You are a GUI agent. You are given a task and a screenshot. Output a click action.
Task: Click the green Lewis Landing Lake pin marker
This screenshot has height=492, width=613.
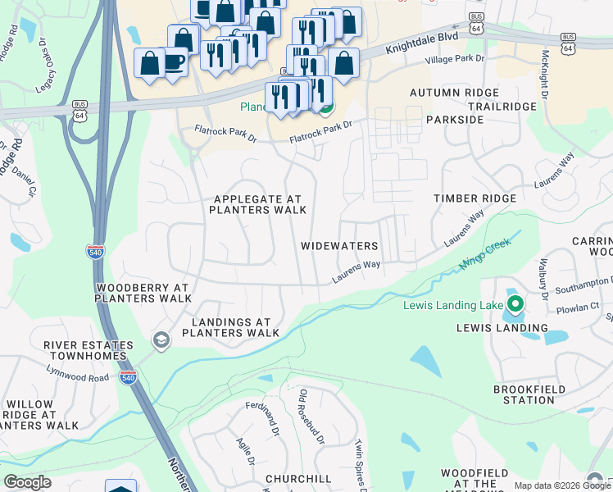click(515, 304)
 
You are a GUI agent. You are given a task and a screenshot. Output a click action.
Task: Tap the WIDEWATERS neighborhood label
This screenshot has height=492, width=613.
click(339, 246)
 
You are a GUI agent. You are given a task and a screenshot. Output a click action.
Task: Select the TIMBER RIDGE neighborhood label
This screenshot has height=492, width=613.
click(475, 198)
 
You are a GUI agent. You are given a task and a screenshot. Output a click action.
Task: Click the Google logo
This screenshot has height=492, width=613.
click(27, 482)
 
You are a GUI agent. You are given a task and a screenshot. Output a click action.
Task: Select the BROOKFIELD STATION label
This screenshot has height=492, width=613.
click(524, 394)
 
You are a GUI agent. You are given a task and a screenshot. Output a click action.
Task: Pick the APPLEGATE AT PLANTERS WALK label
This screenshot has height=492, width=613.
click(257, 204)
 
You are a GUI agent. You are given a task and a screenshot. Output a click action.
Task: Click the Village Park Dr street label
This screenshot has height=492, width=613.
click(455, 60)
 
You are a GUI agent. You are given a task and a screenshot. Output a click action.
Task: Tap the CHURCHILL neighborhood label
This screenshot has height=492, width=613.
click(298, 479)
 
